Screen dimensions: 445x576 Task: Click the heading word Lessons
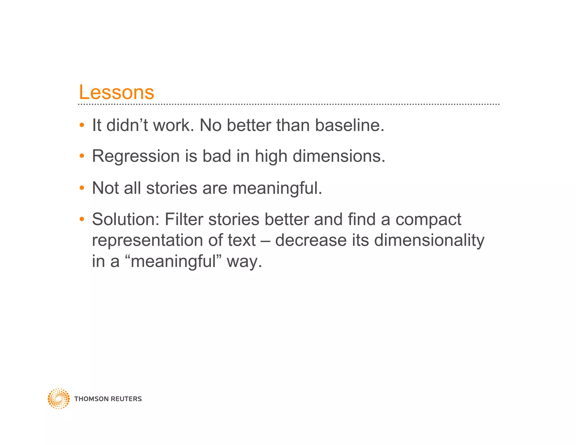pos(116,92)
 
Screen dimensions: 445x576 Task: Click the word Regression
pos(136,156)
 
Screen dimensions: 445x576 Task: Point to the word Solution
pos(126,219)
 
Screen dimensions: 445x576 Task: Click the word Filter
pos(184,219)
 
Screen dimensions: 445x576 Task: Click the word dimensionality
pos(429,241)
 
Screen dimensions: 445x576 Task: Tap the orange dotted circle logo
pos(58,399)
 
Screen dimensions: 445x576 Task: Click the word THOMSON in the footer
pos(91,399)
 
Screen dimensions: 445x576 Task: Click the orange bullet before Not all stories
pos(82,188)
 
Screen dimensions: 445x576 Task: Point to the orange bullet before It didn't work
pos(82,125)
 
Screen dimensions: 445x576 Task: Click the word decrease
pos(311,241)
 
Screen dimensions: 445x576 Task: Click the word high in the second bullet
pos(271,156)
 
